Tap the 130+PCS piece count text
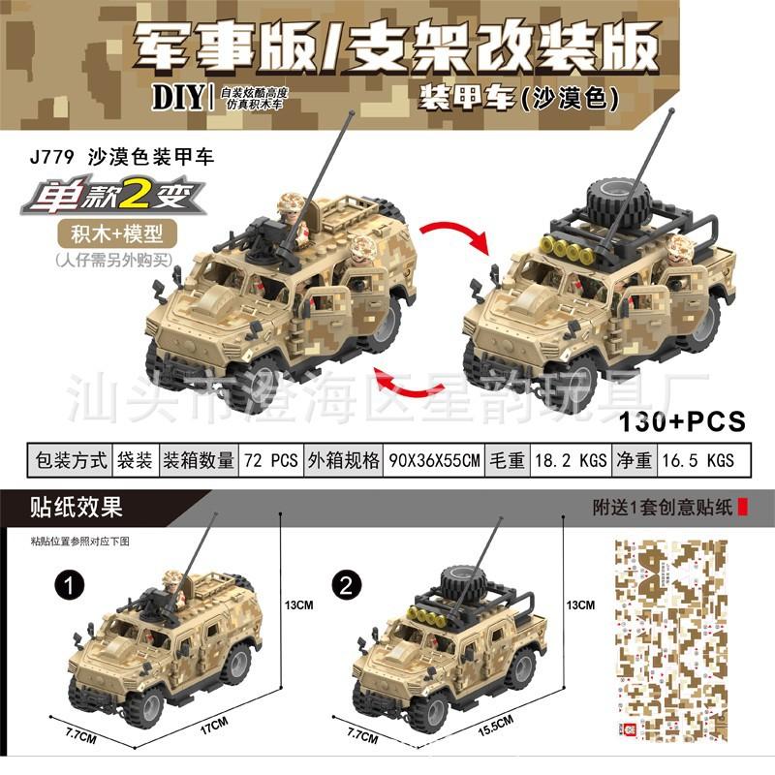[x=682, y=422]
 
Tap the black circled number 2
[x=347, y=584]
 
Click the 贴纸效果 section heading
[x=68, y=508]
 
